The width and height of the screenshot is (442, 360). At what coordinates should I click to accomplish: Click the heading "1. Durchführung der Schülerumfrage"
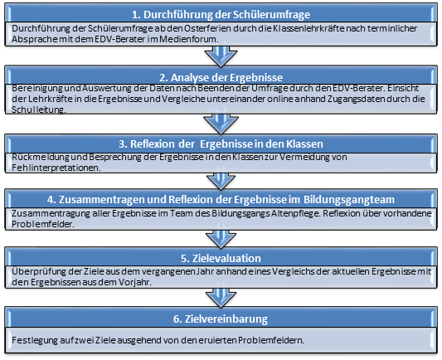point(221,14)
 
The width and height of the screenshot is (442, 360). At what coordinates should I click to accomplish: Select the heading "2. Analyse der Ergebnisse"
point(221,77)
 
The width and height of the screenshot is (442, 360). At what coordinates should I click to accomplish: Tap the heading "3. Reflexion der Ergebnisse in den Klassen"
point(221,144)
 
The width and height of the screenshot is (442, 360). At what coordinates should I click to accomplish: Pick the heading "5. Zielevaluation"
point(221,258)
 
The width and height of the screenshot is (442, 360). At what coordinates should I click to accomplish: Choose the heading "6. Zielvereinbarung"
point(221,319)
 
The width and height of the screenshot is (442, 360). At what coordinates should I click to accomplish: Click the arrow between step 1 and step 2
point(221,56)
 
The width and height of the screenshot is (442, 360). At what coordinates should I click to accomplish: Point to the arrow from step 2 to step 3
point(221,124)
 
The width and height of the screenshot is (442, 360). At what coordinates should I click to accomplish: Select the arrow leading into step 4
point(221,182)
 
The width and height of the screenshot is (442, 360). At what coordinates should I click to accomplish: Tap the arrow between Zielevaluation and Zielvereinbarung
point(221,298)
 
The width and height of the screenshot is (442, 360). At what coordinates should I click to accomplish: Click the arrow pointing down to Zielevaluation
point(221,239)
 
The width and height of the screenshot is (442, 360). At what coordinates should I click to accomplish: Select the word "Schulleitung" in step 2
point(39,109)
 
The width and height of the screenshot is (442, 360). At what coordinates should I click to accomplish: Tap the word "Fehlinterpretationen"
point(56,168)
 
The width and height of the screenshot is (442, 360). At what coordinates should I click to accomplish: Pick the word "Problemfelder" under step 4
point(43,224)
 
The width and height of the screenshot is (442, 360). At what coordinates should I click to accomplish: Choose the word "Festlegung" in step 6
point(35,340)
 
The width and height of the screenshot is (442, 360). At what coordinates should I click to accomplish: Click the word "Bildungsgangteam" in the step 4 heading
point(349,200)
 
